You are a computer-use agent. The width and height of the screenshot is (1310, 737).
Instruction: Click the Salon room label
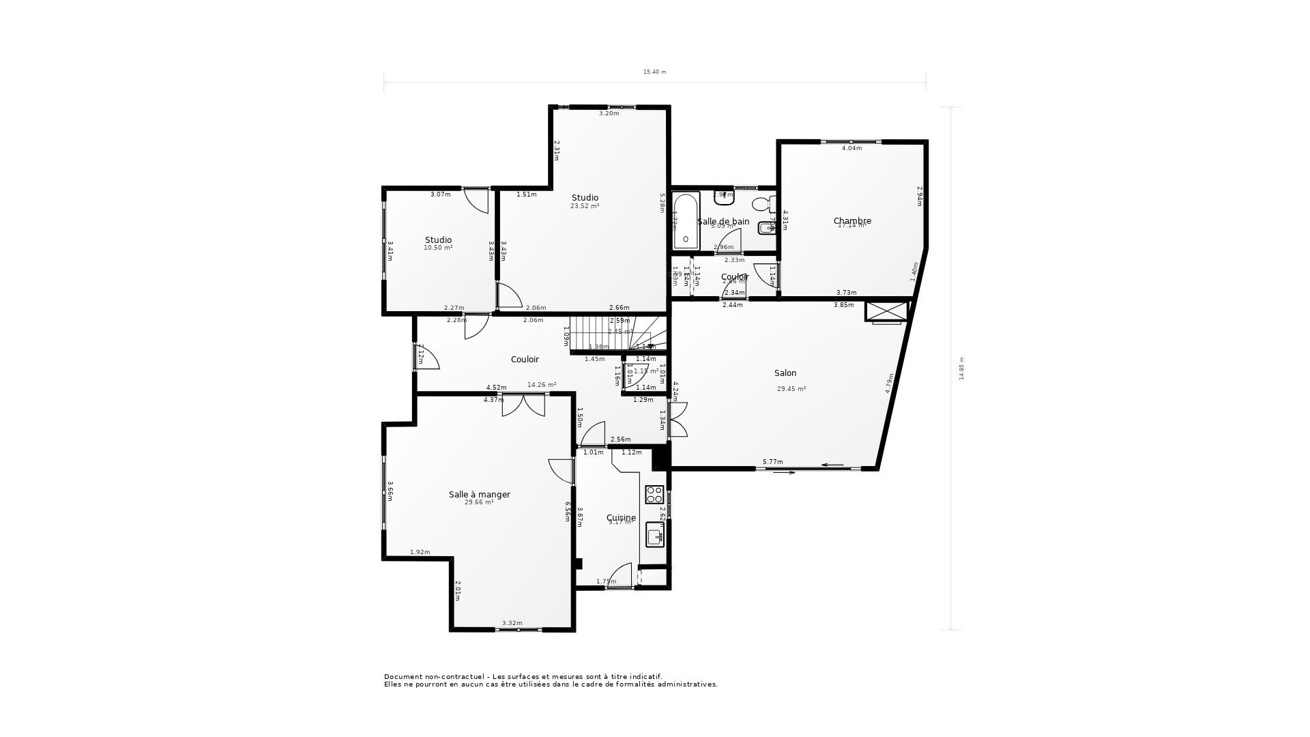(x=785, y=373)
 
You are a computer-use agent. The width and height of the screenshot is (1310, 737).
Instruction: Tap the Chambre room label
(x=852, y=221)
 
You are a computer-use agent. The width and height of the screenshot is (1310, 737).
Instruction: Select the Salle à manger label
(x=479, y=495)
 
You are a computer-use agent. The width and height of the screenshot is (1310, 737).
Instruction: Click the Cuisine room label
(x=621, y=518)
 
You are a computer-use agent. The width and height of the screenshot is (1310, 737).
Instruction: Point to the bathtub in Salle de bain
(x=686, y=220)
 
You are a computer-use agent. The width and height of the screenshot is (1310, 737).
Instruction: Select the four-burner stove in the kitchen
(x=654, y=494)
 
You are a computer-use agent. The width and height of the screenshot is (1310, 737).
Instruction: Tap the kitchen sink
(x=655, y=536)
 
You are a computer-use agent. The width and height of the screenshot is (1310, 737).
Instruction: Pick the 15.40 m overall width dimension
(x=654, y=72)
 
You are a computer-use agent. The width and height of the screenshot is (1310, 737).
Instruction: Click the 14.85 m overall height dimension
(x=961, y=369)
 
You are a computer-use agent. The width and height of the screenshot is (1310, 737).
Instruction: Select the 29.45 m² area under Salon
(x=791, y=389)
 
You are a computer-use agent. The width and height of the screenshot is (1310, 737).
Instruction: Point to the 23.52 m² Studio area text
(x=585, y=206)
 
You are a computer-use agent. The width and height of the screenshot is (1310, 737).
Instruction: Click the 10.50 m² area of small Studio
(x=438, y=248)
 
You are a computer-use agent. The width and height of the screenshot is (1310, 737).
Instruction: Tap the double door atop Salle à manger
(x=523, y=405)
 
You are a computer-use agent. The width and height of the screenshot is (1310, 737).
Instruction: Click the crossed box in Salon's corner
(x=886, y=311)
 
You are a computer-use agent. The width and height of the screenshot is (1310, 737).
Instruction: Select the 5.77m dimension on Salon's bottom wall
(x=772, y=462)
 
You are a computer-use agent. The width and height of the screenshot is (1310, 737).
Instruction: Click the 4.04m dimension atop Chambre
(x=851, y=148)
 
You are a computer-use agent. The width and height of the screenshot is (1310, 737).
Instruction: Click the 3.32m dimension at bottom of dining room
(x=512, y=623)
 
